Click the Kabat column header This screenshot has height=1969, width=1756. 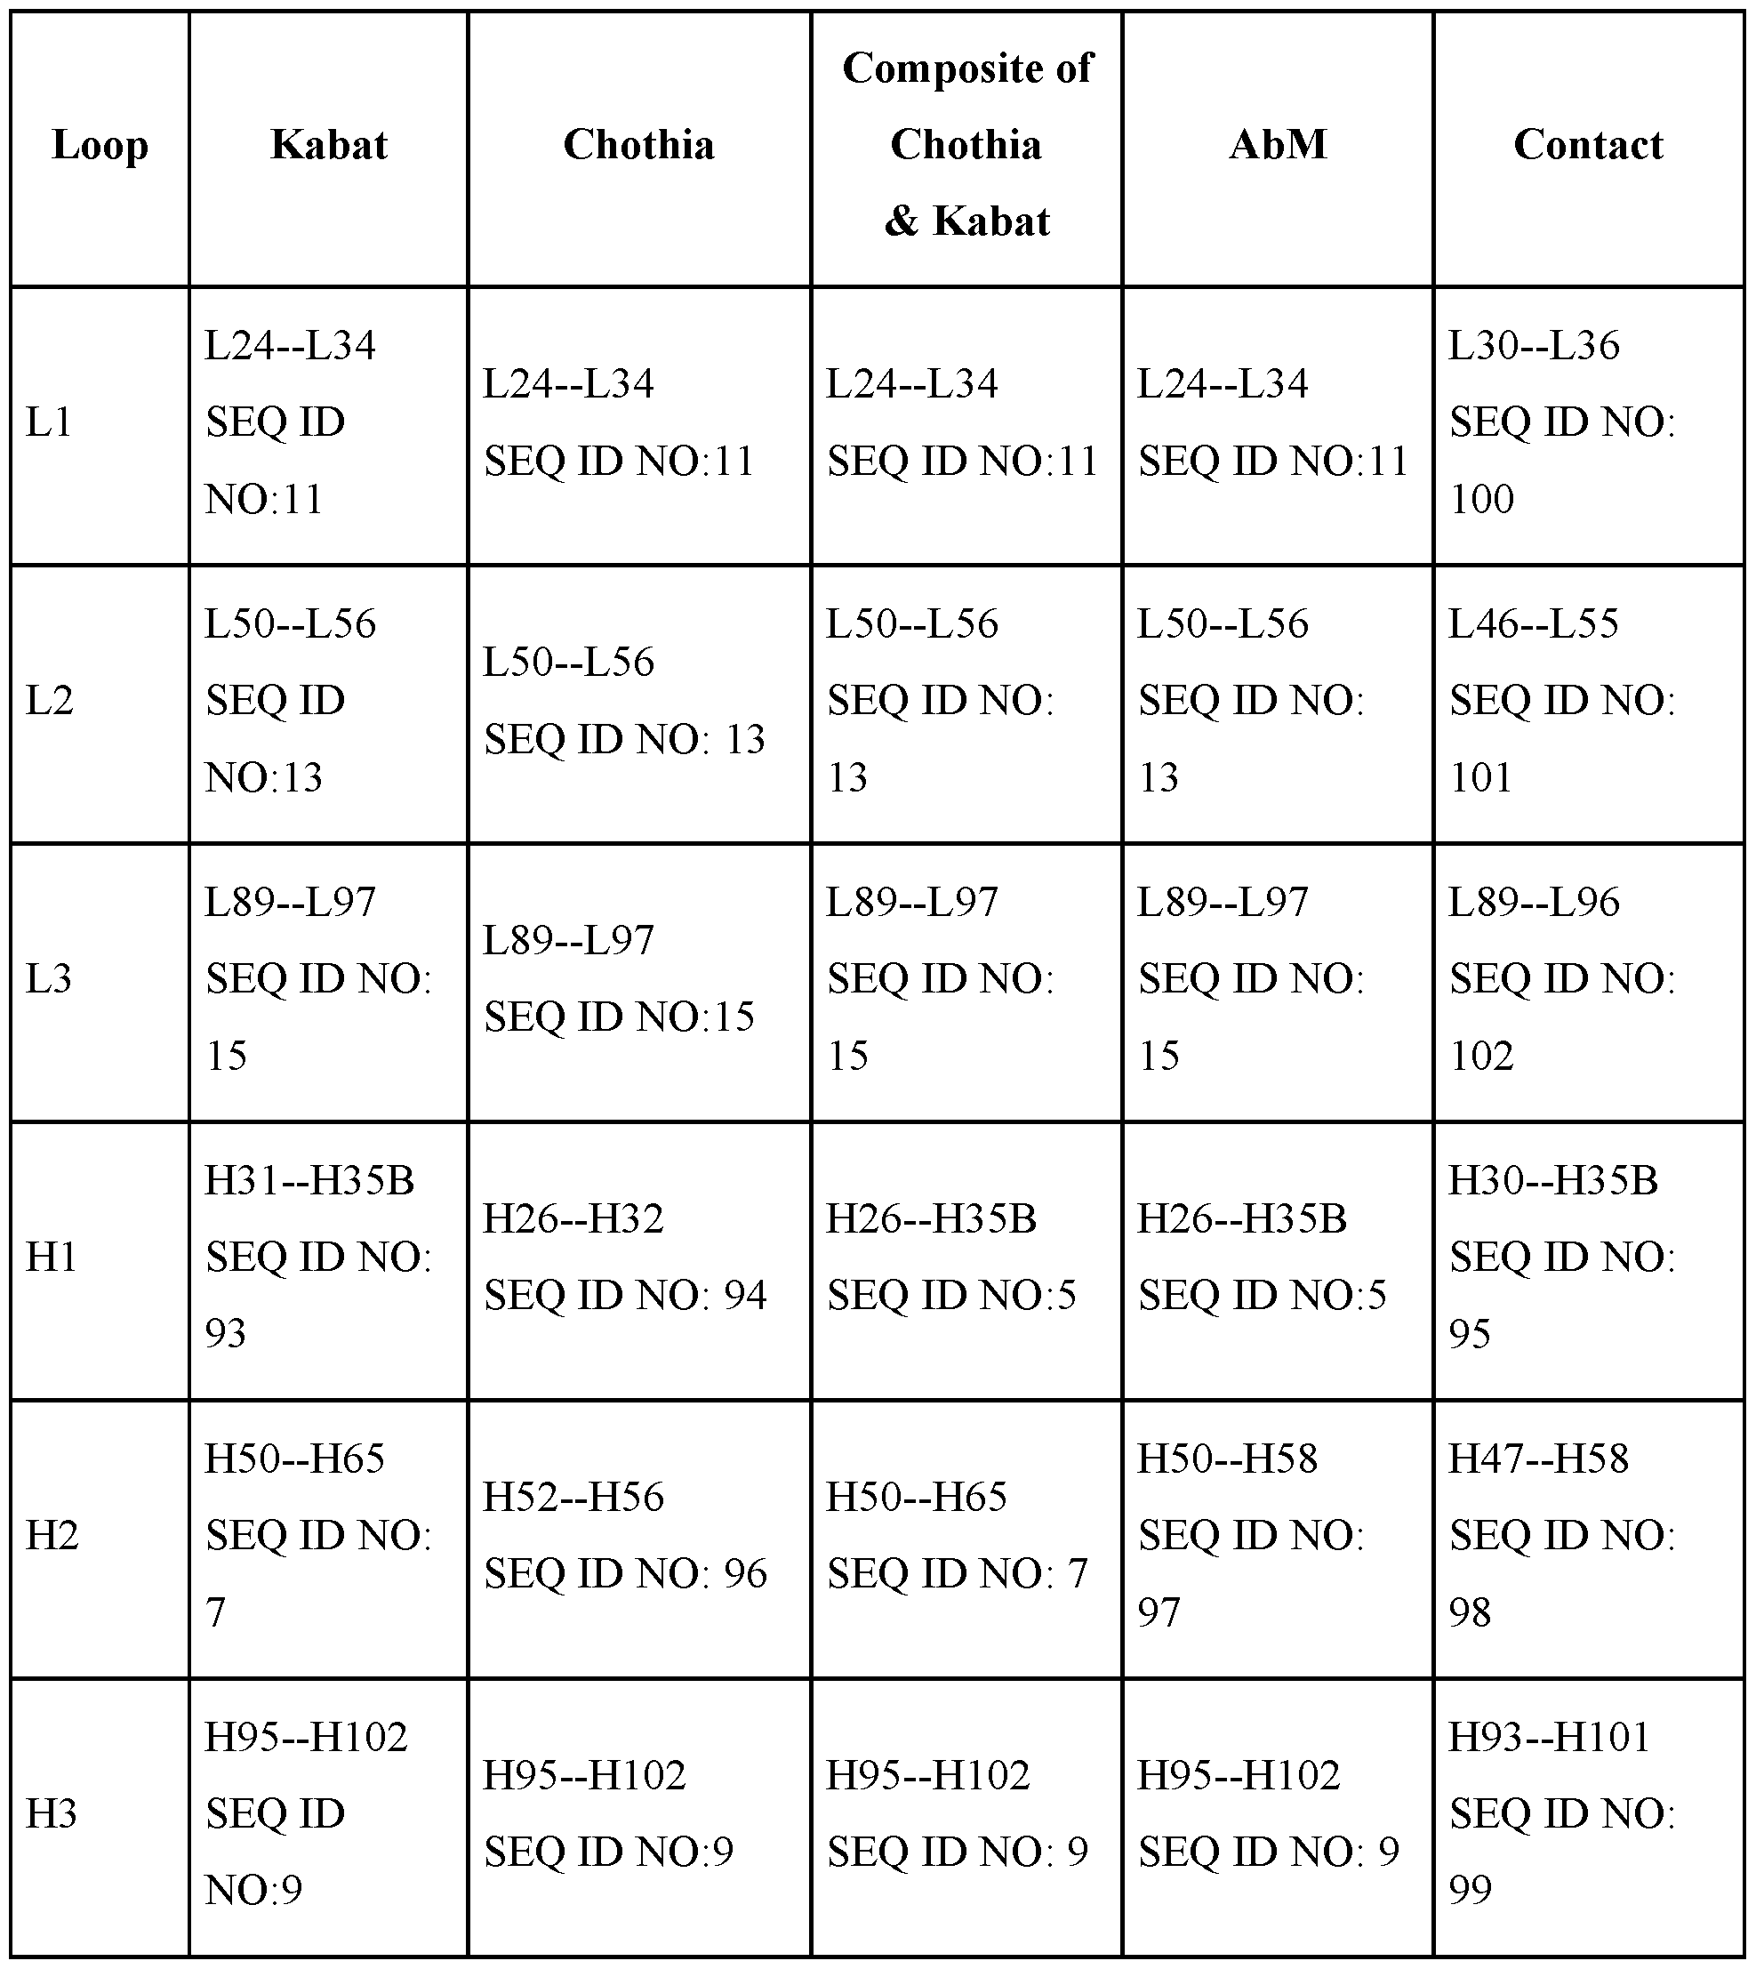[329, 145]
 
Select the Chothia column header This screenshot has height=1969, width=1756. [638, 145]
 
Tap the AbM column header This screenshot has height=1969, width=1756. [1278, 145]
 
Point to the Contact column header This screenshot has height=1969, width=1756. [1588, 145]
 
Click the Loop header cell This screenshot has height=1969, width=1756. [100, 145]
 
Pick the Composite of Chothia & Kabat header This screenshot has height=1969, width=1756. [966, 145]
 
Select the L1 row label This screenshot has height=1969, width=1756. [49, 422]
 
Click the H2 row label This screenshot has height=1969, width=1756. [52, 1535]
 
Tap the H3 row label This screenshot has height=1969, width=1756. [52, 1812]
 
